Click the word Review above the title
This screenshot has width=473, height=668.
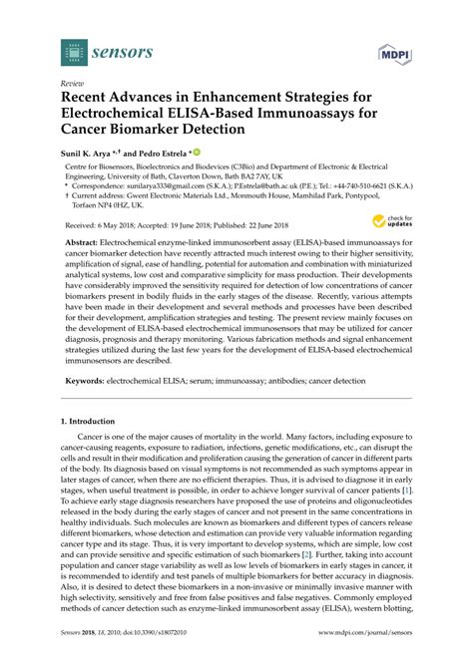tap(73, 84)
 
